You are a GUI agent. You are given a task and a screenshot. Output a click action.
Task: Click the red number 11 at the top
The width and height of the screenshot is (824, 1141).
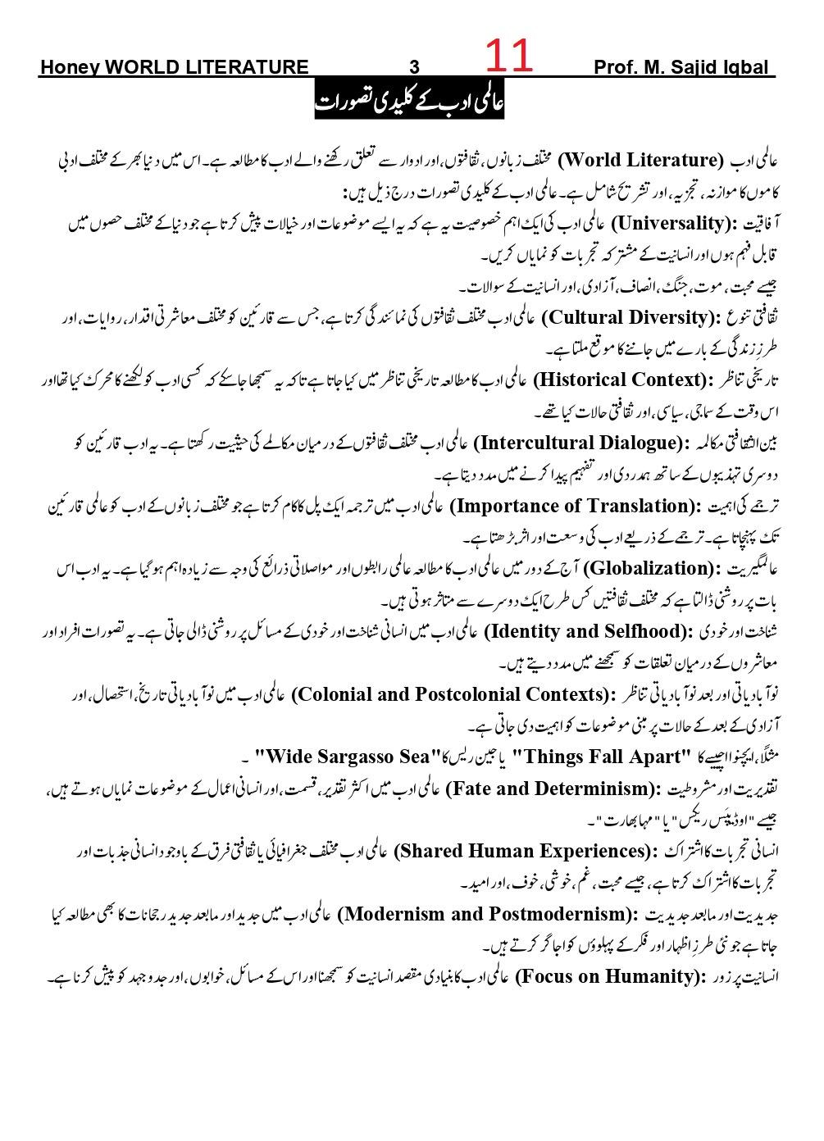coord(509,57)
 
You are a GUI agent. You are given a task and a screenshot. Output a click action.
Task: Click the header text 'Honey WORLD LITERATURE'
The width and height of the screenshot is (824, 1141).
coord(174,68)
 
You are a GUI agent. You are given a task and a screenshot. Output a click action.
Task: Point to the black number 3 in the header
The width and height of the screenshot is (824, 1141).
coord(414,68)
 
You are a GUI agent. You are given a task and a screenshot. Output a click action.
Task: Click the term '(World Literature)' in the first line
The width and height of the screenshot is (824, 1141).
coord(640,160)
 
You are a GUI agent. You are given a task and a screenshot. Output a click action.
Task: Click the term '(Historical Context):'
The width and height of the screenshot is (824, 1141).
coord(624,380)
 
